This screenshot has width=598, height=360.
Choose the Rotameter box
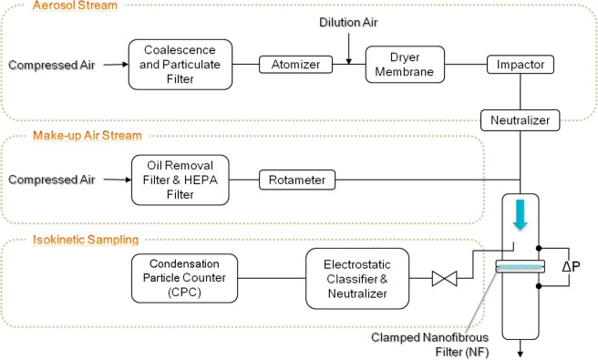tap(294, 179)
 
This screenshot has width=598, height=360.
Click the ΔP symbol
tap(573, 267)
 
